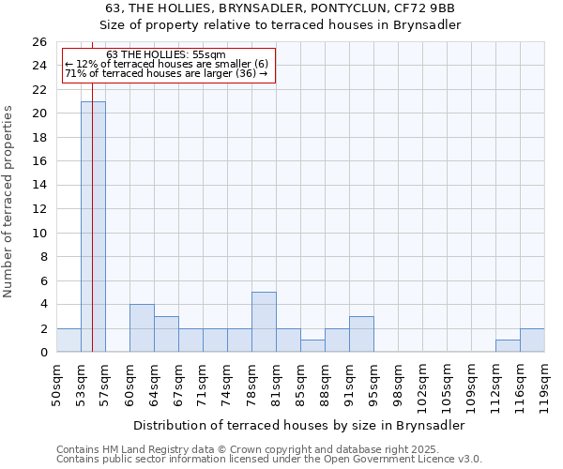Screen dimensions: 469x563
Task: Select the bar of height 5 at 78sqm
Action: (264, 323)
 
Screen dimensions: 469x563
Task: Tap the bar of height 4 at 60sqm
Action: (142, 328)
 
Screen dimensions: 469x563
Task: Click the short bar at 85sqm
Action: (312, 346)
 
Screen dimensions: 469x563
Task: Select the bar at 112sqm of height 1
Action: (508, 346)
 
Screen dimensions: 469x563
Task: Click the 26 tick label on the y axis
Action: (38, 42)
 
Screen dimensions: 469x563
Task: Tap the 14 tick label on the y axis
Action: (38, 186)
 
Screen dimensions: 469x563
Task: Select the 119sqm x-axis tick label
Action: (544, 385)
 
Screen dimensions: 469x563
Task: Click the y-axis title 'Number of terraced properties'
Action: (9, 202)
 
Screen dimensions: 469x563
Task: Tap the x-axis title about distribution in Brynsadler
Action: (298, 425)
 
